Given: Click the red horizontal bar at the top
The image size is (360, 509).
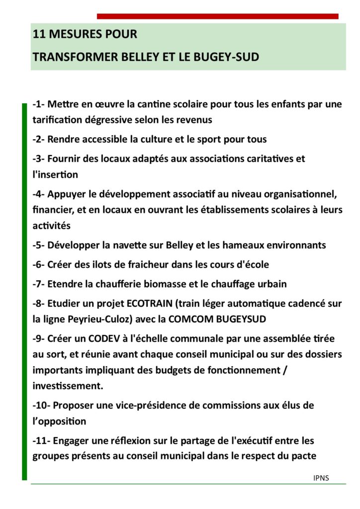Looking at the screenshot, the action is tap(217, 16).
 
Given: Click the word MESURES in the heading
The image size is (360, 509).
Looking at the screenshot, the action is tap(72, 35).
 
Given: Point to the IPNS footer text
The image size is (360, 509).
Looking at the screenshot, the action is tap(321, 478).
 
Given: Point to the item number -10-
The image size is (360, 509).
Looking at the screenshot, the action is tap(41, 406).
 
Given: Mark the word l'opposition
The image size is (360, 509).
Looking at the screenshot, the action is tap(59, 422).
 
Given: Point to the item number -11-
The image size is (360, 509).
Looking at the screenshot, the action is tap(41, 441).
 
